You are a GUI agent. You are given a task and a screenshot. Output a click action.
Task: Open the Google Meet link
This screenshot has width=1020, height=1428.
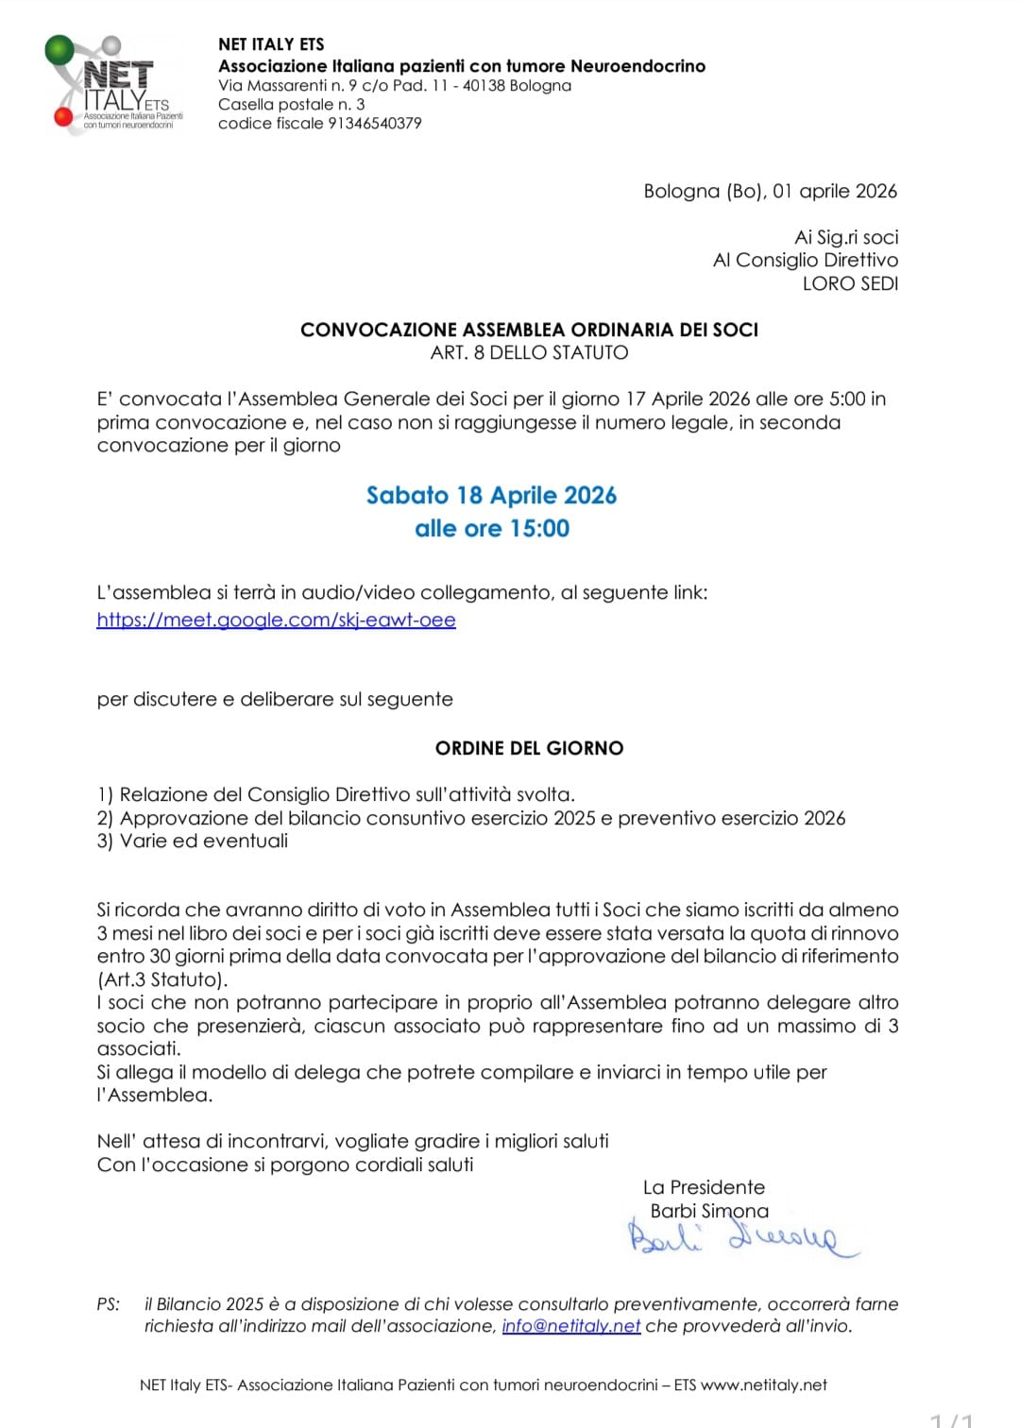coord(276,620)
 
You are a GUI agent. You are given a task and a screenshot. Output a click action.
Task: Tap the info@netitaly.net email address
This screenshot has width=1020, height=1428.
coord(570,1326)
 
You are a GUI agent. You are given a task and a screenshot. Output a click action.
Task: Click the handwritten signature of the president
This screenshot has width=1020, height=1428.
coord(742,1238)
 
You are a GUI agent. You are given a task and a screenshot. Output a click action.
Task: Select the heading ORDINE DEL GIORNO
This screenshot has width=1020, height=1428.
coord(529,748)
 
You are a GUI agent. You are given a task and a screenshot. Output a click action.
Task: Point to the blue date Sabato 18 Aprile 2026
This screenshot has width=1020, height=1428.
coord(491,495)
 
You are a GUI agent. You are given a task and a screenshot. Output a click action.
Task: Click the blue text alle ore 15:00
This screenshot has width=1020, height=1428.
coord(491,528)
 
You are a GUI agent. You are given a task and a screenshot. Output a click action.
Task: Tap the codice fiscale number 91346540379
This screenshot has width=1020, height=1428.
coord(374,124)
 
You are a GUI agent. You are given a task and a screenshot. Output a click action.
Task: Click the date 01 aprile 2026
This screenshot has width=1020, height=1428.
coord(834,191)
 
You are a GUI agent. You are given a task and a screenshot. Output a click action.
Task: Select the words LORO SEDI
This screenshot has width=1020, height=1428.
coord(850,283)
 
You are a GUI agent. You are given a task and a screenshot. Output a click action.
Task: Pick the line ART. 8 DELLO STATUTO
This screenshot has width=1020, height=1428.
coord(529,352)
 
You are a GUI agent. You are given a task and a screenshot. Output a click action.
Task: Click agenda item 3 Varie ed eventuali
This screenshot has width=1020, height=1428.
coord(193,841)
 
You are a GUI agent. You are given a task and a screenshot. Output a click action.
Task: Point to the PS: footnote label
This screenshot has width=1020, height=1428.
coord(109,1304)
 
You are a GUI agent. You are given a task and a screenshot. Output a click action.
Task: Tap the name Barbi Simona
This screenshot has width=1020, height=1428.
coord(709,1211)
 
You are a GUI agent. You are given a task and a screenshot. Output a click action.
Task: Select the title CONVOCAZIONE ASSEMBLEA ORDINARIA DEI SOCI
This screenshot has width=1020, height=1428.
coord(529,330)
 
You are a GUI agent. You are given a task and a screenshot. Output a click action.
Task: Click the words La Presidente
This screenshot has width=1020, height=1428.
coord(704,1187)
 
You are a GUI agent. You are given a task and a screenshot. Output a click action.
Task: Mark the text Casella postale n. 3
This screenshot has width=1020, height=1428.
coord(291,105)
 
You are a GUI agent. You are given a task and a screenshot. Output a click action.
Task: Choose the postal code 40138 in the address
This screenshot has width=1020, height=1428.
coord(483,86)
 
